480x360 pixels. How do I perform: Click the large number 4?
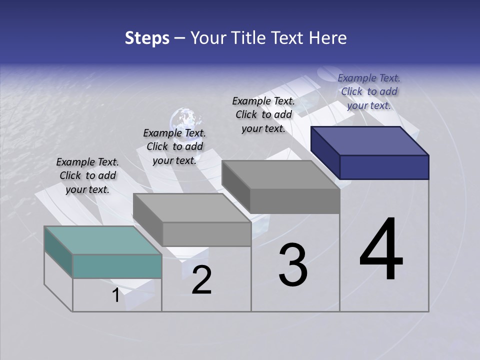point(381,249)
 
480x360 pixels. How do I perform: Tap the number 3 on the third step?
point(292,265)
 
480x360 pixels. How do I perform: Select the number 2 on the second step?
point(201,280)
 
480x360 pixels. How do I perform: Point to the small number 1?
point(115,295)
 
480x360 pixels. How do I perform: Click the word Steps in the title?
point(147,38)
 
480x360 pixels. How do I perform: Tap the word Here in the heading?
point(329,38)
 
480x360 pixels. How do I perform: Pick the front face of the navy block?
point(384,167)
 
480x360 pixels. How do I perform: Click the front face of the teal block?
point(117,266)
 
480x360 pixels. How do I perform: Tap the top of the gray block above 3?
point(280,175)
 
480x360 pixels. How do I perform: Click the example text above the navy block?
point(369,91)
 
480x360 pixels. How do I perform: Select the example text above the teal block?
point(87,175)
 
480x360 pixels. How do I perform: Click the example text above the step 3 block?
point(263,114)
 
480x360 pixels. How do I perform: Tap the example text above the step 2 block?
point(174,146)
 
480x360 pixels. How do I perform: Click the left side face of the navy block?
point(325,152)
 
